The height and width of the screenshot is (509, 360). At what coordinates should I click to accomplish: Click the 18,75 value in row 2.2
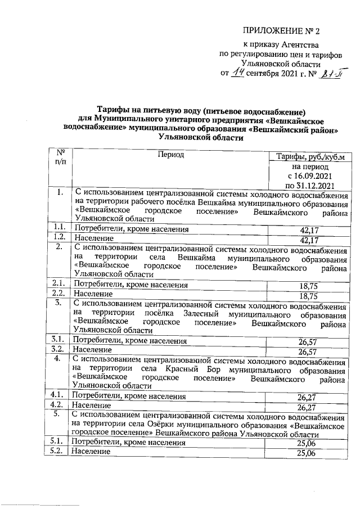click(309, 296)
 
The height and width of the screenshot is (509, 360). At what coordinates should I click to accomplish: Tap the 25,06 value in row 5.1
click(307, 444)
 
